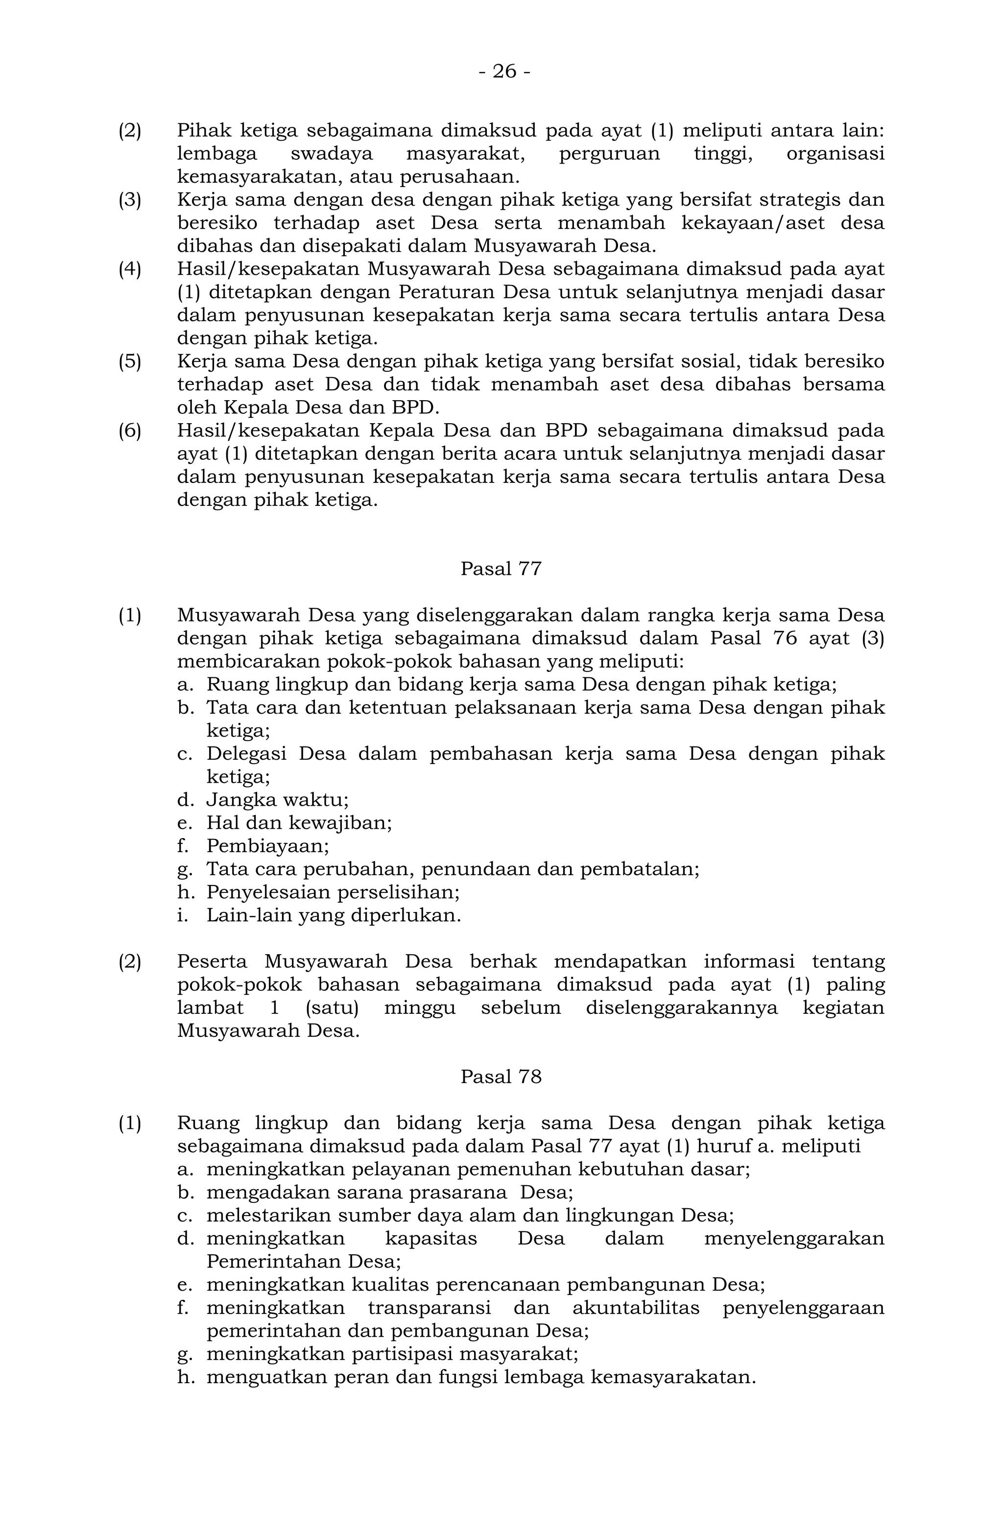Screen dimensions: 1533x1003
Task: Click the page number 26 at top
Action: click(504, 72)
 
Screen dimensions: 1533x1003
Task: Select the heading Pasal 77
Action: click(501, 569)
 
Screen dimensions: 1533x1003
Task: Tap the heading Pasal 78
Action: click(501, 1077)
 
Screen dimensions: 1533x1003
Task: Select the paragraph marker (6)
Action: click(129, 431)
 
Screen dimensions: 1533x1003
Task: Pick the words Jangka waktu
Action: click(277, 800)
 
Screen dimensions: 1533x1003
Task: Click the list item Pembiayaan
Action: click(267, 846)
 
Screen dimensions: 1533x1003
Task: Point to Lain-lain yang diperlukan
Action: click(333, 915)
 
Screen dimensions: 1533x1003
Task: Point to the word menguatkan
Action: click(257, 1377)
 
